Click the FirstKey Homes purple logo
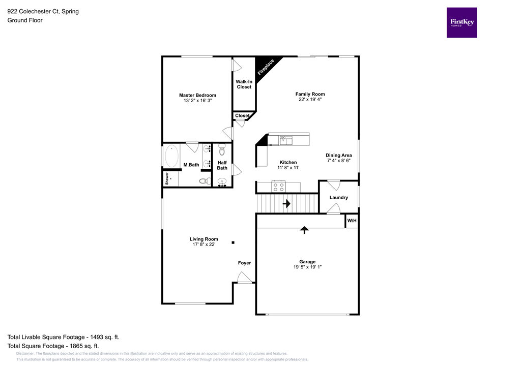click(x=461, y=22)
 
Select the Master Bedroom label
click(x=197, y=95)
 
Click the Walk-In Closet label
click(x=244, y=84)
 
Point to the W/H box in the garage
click(x=352, y=221)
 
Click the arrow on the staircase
click(x=286, y=204)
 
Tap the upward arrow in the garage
click(x=304, y=230)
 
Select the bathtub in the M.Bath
click(x=171, y=156)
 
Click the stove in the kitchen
click(x=278, y=187)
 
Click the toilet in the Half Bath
click(x=222, y=150)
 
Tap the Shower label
click(x=166, y=179)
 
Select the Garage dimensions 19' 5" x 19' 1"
click(x=307, y=267)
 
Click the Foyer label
click(x=244, y=263)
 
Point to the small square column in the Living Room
click(x=233, y=242)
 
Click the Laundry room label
click(x=338, y=197)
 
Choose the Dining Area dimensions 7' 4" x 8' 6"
click(x=338, y=161)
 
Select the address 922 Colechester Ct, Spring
click(x=43, y=11)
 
